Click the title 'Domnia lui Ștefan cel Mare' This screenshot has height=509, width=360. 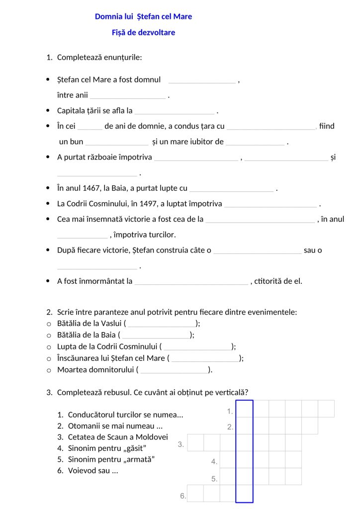143,16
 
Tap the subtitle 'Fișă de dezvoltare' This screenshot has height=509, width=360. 143,33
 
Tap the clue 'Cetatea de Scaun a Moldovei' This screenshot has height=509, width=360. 118,437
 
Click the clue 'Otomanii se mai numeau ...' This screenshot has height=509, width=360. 115,426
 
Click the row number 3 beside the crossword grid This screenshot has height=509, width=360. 181,444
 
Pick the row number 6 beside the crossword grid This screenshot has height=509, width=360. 182,496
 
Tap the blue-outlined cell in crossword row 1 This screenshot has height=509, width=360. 244,409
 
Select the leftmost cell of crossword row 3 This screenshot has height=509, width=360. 195,442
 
